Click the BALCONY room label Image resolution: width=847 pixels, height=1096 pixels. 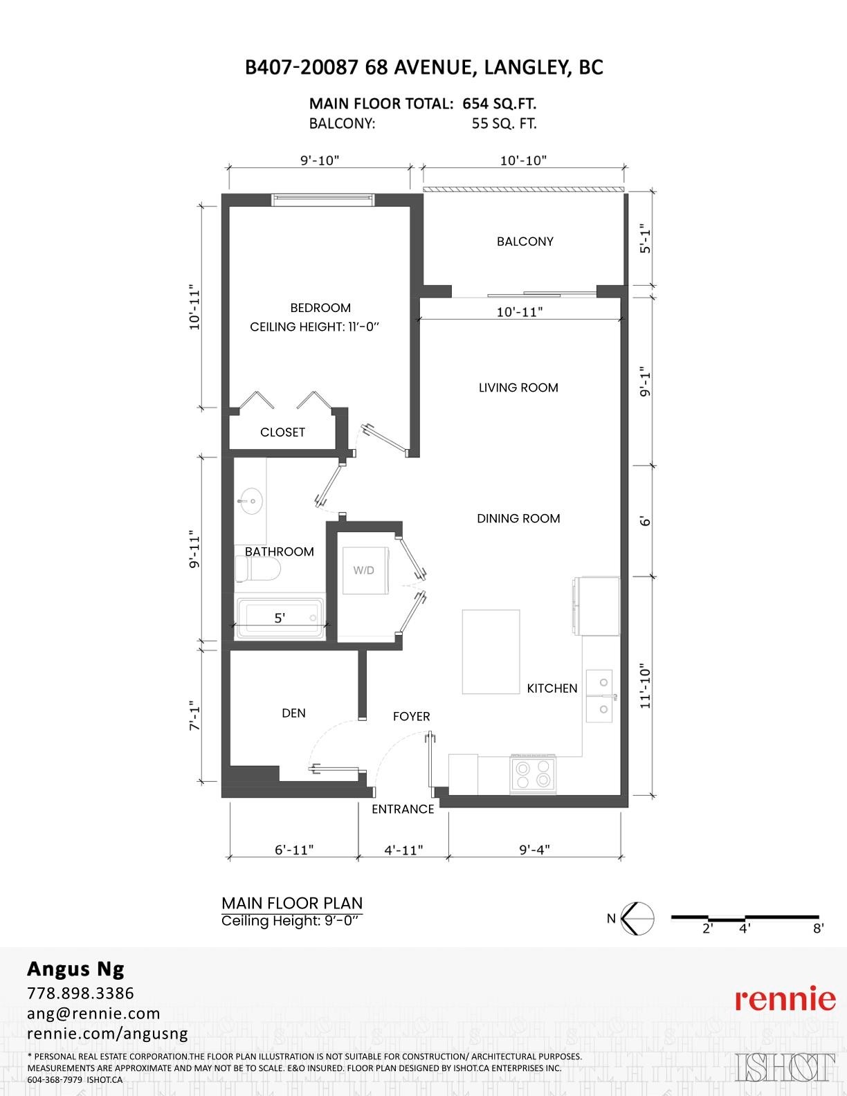pyautogui.click(x=525, y=241)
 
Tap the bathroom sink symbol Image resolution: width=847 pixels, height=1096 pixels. pyautogui.click(x=250, y=500)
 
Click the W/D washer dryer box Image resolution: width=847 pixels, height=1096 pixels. pyautogui.click(x=364, y=570)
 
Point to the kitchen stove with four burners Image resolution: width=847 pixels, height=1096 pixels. pyautogui.click(x=534, y=774)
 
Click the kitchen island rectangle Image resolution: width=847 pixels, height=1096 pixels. pyautogui.click(x=491, y=651)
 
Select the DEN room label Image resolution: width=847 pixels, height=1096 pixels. pyautogui.click(x=293, y=713)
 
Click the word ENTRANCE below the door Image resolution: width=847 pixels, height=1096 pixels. pyautogui.click(x=403, y=809)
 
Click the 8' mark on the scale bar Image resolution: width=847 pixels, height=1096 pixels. pyautogui.click(x=818, y=929)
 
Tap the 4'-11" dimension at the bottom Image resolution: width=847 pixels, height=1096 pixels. pyautogui.click(x=403, y=849)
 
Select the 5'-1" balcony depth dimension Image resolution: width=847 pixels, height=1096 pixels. pyautogui.click(x=645, y=238)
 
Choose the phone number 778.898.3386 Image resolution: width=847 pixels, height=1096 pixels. pyautogui.click(x=80, y=993)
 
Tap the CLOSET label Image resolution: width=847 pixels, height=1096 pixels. pyautogui.click(x=282, y=432)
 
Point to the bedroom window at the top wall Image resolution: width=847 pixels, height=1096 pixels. pyautogui.click(x=322, y=200)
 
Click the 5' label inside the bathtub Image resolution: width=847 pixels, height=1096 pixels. pyautogui.click(x=280, y=618)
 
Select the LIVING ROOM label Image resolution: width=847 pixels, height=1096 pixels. pyautogui.click(x=518, y=387)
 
